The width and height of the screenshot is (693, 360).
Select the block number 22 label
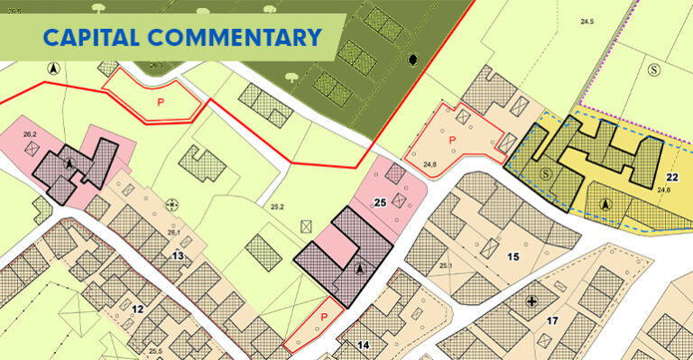point(671,177)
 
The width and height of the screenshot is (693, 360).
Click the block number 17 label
point(553,320)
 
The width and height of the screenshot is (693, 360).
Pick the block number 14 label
point(363,345)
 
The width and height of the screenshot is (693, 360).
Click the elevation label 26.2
point(30,134)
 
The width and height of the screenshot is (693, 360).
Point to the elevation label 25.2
point(277,208)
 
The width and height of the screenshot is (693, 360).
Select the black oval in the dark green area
point(414,60)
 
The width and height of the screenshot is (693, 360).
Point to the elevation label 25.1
point(445,265)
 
